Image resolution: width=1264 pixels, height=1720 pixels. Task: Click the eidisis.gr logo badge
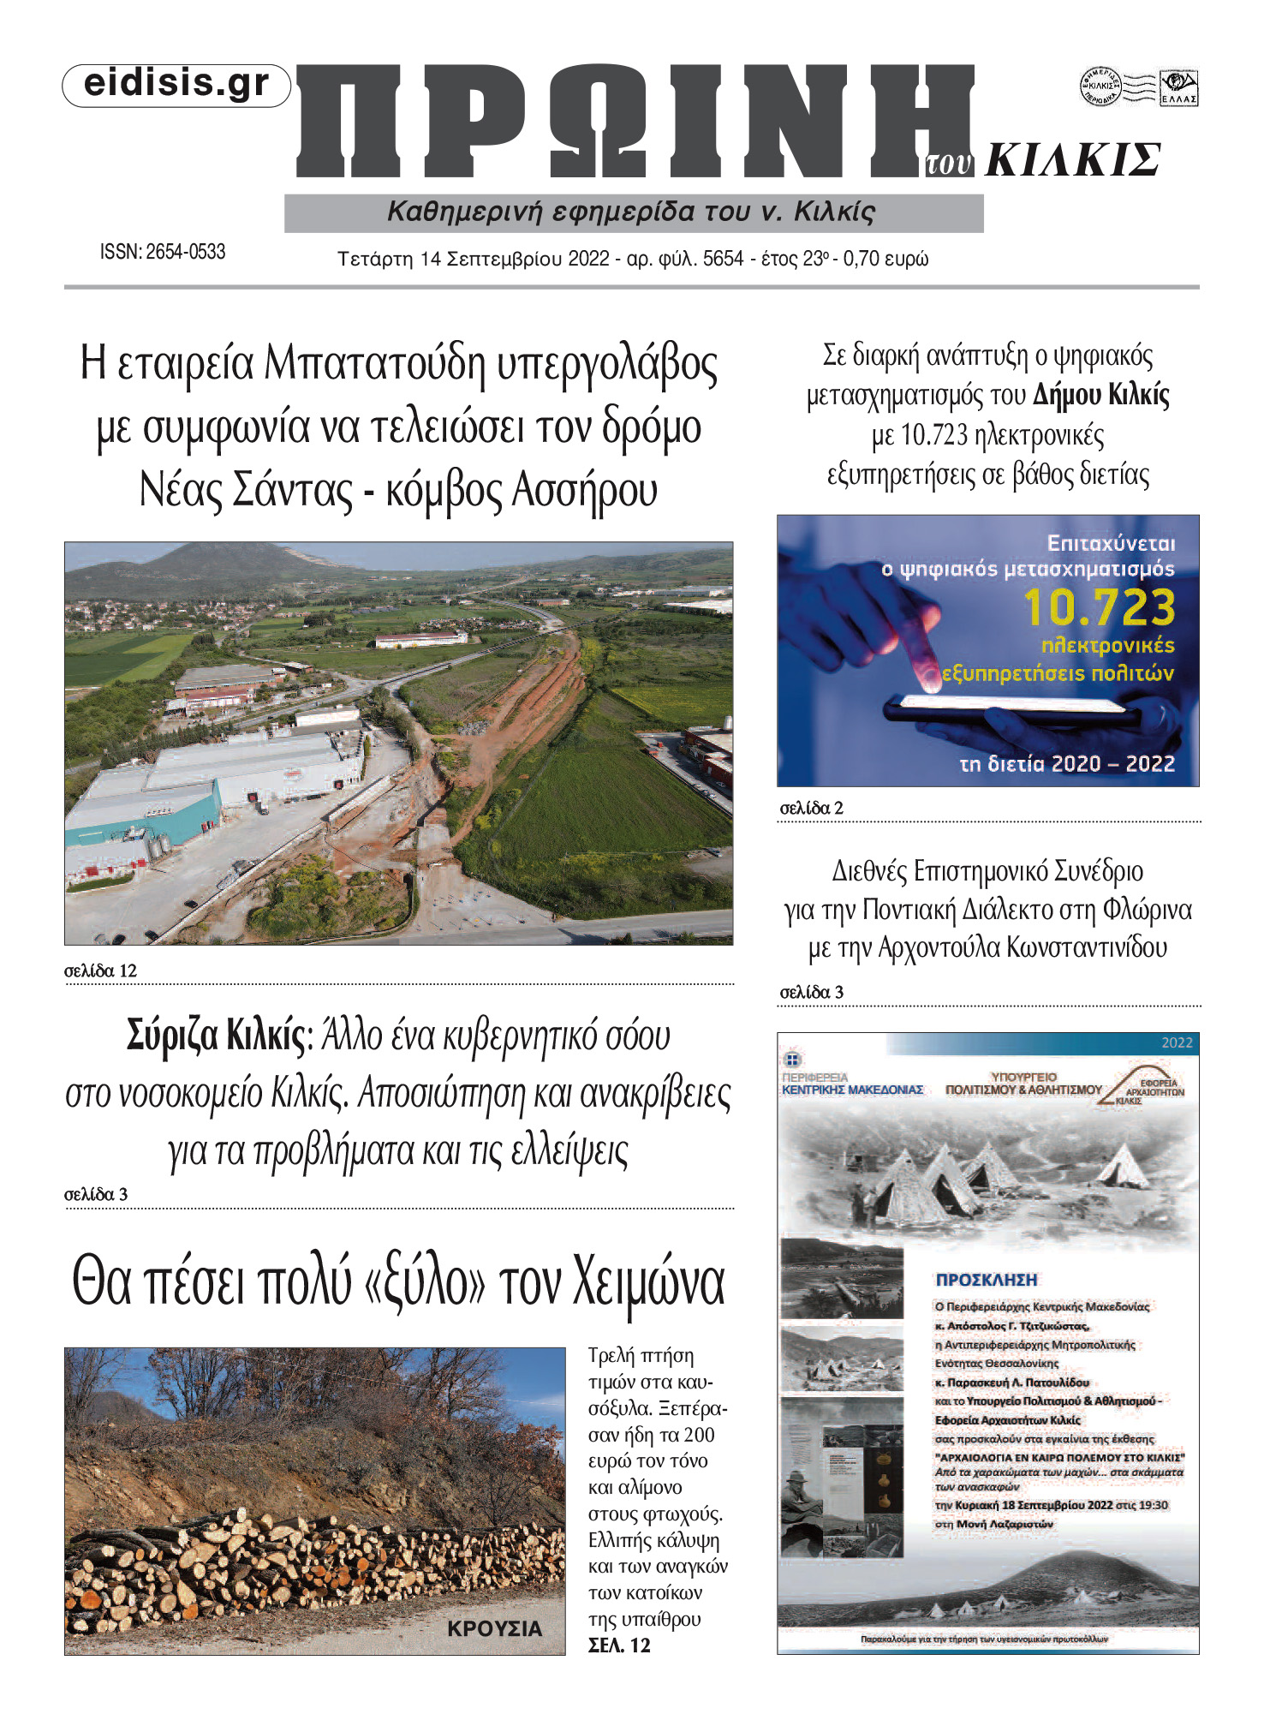coord(176,85)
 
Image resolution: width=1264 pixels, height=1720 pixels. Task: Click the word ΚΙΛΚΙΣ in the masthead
coord(1072,160)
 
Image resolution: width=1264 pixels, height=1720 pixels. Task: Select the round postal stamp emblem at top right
coord(1100,87)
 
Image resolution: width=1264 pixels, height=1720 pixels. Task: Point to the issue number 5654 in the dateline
coord(723,259)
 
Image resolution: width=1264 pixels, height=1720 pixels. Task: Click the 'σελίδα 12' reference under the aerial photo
coord(101,970)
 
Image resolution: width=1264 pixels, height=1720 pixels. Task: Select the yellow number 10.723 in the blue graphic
coord(1100,607)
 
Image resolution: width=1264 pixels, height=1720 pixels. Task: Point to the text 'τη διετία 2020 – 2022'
coord(1066,763)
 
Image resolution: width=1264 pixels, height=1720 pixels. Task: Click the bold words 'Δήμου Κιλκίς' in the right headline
coord(1100,395)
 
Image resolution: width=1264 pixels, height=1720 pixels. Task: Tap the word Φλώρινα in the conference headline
coord(1147,910)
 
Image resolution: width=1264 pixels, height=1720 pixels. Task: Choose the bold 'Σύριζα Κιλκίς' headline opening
coord(215,1036)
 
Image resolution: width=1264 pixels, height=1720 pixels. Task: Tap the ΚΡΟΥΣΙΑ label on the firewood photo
coord(494,1628)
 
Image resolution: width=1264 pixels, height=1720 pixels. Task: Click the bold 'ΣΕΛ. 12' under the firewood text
coord(619,1645)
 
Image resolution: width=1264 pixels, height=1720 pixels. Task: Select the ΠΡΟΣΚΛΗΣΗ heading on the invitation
coord(986,1280)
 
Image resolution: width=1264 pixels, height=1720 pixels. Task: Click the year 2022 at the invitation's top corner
coord(1176,1042)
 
